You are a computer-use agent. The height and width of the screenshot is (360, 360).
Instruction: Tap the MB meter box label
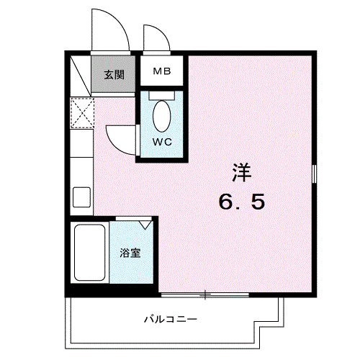tap(160, 72)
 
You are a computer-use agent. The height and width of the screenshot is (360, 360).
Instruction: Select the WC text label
tap(162, 141)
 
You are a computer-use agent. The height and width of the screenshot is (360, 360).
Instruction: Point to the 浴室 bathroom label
tap(130, 253)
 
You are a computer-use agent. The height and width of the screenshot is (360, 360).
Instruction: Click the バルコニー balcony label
tap(170, 318)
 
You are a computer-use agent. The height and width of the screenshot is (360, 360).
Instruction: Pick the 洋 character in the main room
tap(241, 173)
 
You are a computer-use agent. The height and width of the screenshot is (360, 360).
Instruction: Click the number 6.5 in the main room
tap(242, 201)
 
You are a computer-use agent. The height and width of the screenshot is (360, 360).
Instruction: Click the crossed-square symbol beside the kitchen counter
tap(82, 112)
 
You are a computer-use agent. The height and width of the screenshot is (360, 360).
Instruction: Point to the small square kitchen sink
tap(81, 197)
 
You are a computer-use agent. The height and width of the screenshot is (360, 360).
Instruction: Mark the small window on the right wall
tap(315, 174)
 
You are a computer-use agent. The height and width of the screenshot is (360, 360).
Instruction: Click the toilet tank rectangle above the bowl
tap(162, 94)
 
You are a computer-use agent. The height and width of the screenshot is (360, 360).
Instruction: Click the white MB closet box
tap(160, 72)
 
